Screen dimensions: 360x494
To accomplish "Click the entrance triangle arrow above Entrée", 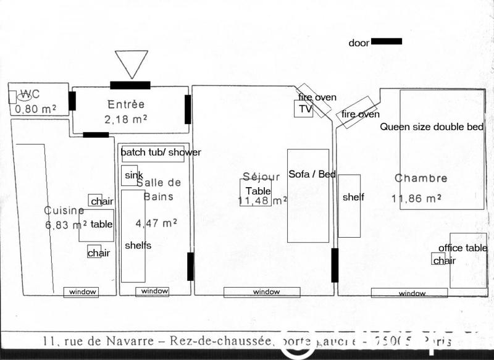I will (x=132, y=62).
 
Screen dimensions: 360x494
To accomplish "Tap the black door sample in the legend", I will (x=387, y=41).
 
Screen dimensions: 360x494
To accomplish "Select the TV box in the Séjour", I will (x=303, y=109).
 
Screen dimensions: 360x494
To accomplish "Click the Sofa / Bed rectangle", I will (x=308, y=195).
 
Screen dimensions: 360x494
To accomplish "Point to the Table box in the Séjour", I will (x=256, y=192).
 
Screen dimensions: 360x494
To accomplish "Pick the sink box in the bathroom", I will (x=130, y=175).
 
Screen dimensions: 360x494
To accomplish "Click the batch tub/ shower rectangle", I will (x=153, y=153).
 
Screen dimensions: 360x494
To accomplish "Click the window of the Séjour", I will (x=262, y=291).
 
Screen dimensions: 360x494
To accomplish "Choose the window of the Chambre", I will (x=409, y=293).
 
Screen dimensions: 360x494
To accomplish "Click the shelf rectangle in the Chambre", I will (x=350, y=206).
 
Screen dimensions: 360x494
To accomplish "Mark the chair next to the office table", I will (x=438, y=259).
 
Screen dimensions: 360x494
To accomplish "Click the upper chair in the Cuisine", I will (x=96, y=200).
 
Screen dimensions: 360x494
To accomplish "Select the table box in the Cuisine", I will (x=96, y=225).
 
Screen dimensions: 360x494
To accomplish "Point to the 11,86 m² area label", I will (x=416, y=198).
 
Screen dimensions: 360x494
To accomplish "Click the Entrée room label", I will (x=126, y=104).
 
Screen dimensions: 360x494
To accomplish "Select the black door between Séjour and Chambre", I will (x=335, y=265).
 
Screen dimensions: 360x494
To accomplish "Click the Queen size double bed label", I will (x=432, y=127).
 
